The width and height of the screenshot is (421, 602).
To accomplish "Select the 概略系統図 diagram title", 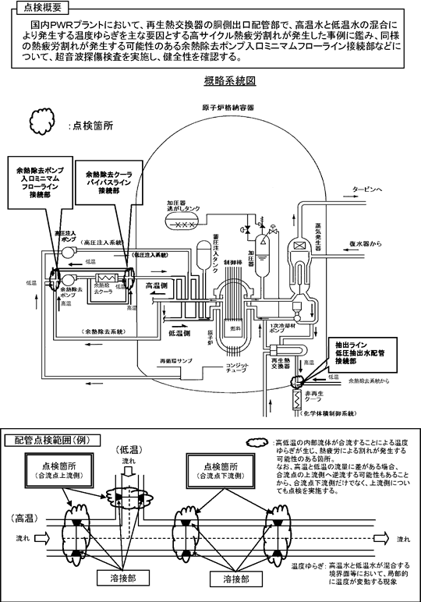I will click(226, 80).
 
